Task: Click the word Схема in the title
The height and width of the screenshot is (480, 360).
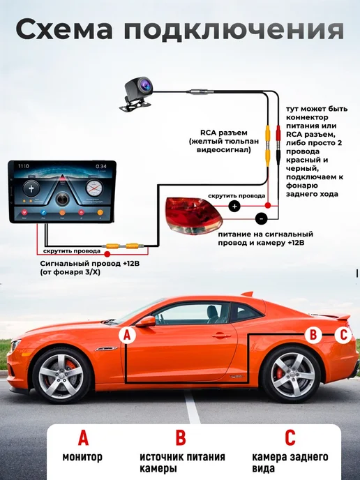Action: (x=64, y=30)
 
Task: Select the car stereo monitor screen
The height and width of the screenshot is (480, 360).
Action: (x=62, y=191)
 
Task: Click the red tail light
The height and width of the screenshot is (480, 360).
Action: (x=193, y=215)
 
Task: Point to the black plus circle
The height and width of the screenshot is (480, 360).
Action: (x=234, y=206)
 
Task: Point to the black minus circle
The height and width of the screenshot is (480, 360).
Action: (x=261, y=219)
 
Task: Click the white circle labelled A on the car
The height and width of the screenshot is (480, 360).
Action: (x=127, y=335)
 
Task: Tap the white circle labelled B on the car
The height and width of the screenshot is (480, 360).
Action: (x=313, y=335)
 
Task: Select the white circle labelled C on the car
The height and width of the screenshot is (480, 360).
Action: (x=343, y=334)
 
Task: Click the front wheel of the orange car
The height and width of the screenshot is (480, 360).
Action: (x=61, y=375)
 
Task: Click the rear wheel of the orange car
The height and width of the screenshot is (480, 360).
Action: (x=292, y=375)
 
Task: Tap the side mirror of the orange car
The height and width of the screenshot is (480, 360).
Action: (x=146, y=322)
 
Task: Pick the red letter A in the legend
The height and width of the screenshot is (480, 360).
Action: (x=83, y=437)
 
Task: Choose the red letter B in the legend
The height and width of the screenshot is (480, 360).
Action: (x=181, y=437)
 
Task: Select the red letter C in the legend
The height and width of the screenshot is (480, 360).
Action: (x=290, y=437)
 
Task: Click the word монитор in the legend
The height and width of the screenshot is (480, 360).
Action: (x=82, y=457)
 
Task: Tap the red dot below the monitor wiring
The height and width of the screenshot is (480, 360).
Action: (x=107, y=254)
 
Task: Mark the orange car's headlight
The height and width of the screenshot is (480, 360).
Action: (x=13, y=346)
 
